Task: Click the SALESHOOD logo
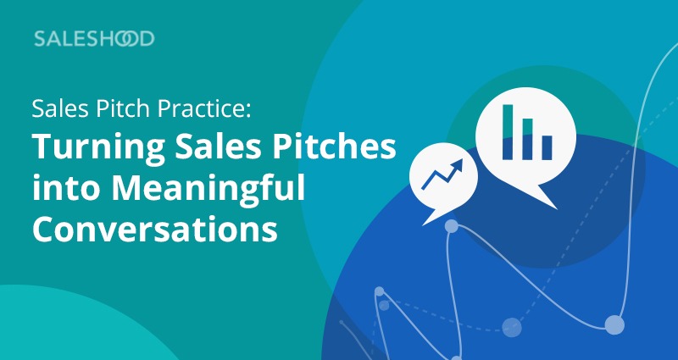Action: pyautogui.click(x=94, y=39)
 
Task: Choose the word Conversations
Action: pyautogui.click(x=155, y=229)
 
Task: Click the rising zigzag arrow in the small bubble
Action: pyautogui.click(x=442, y=174)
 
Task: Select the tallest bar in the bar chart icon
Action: pyautogui.click(x=508, y=132)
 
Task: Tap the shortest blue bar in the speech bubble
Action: pyautogui.click(x=547, y=147)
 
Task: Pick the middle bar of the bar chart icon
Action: pyautogui.click(x=527, y=139)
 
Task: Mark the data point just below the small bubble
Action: pyautogui.click(x=452, y=226)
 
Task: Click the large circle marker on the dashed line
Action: pyautogui.click(x=512, y=327)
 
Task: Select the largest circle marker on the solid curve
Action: pyautogui.click(x=614, y=325)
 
